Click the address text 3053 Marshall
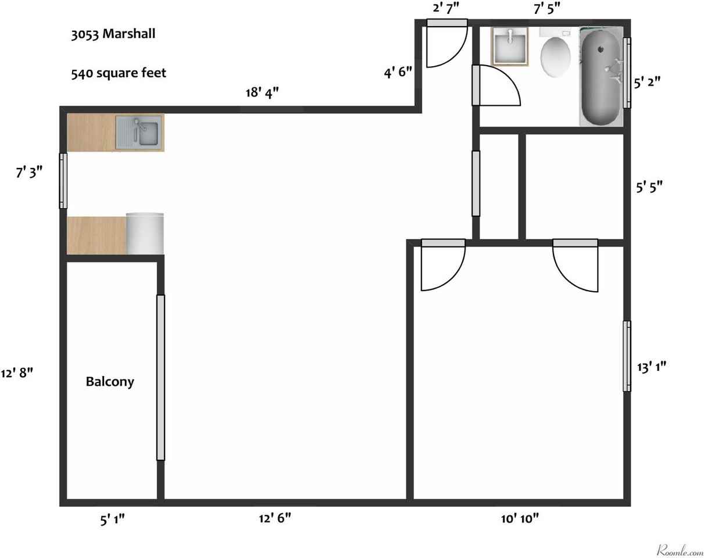113,34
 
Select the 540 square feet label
119,73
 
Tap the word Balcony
110,382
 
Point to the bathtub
601,77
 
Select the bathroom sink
510,46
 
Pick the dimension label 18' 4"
262,93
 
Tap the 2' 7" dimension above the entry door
446,8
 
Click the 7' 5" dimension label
546,8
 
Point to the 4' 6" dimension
398,71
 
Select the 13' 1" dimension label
651,367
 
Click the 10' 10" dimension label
520,518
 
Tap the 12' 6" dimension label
275,518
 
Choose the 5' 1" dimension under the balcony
112,520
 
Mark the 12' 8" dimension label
17,373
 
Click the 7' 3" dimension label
29,171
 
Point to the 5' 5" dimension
649,187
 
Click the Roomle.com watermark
680,550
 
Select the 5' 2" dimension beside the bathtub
647,83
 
